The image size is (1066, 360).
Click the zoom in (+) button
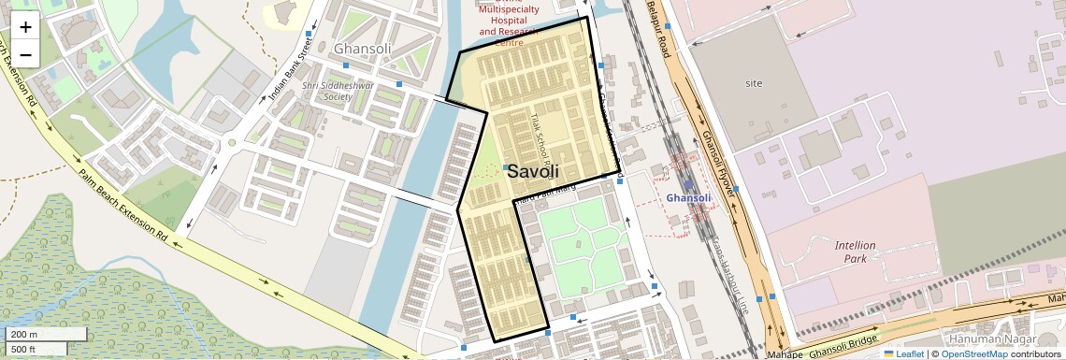coord(25,27)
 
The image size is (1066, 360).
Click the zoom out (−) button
coord(25,55)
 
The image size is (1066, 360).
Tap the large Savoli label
coord(533,171)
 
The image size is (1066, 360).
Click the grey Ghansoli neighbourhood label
coord(362,49)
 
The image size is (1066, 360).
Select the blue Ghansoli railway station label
coord(689,198)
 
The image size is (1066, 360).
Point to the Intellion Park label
coord(855,252)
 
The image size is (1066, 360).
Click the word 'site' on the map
coord(754,83)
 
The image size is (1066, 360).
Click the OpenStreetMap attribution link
coord(973,354)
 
